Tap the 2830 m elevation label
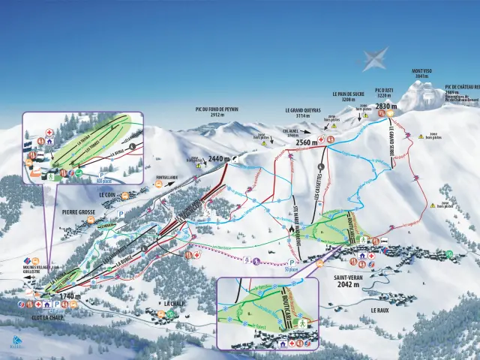(385, 106)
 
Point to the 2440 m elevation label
(217, 158)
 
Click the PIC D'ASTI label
(383, 92)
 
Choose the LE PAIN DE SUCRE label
(348, 94)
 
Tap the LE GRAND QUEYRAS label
(302, 109)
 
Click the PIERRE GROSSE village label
(79, 212)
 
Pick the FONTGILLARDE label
(166, 178)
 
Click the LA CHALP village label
(172, 304)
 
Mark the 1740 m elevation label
(69, 296)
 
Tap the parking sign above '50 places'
(291, 263)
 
